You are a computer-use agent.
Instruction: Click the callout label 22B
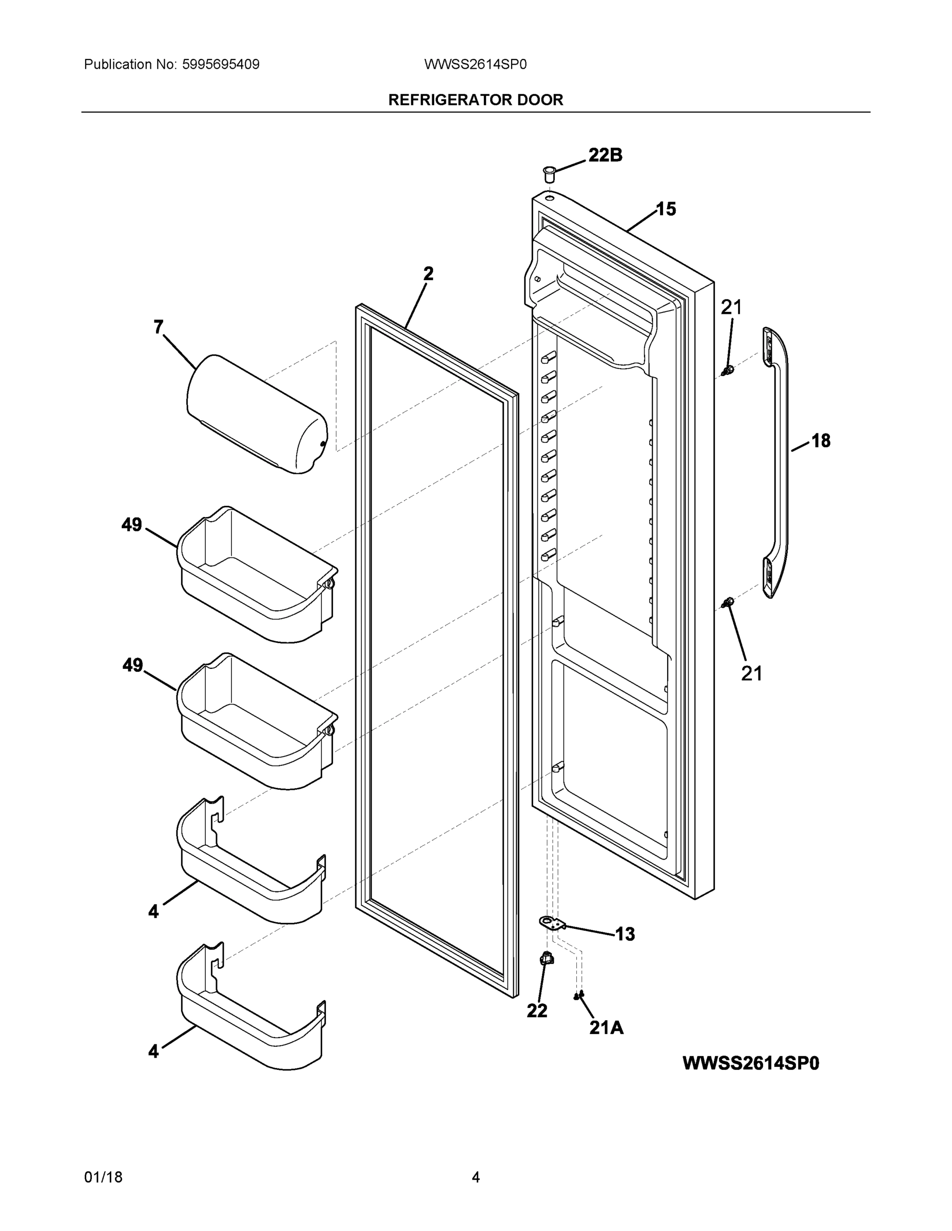605,155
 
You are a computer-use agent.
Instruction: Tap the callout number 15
666,209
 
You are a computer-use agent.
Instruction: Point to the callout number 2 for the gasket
429,274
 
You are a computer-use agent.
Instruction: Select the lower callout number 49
132,665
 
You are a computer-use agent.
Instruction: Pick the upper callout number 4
153,911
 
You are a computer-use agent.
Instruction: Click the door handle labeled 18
777,462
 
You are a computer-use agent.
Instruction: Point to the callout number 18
821,441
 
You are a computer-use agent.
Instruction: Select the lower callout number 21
751,673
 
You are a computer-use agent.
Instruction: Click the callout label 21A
606,1028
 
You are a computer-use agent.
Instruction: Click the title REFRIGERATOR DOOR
475,100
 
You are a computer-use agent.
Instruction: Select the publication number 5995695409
221,64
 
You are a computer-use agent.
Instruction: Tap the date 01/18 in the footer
103,1178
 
